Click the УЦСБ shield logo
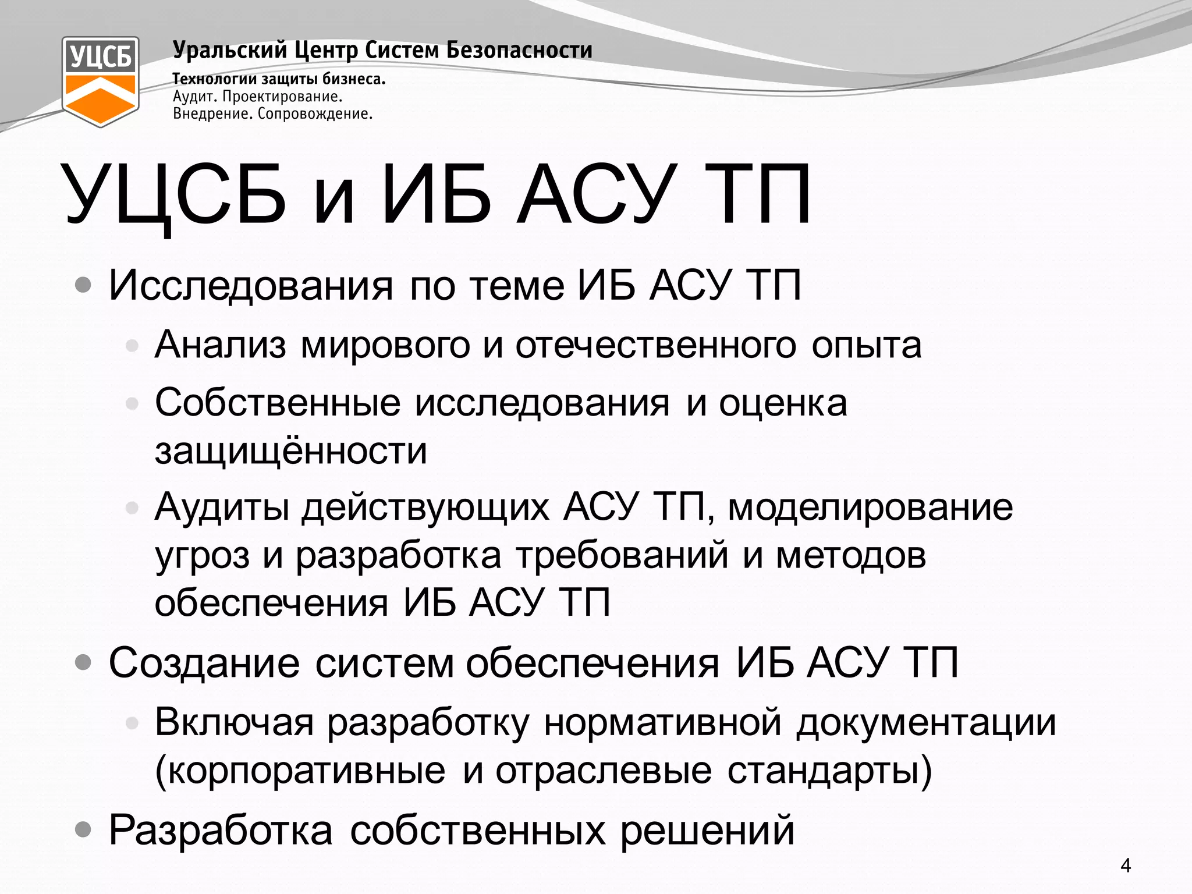[x=100, y=81]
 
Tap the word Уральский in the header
[x=230, y=51]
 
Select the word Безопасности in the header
[x=519, y=51]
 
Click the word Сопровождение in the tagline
[x=315, y=113]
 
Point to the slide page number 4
[x=1126, y=865]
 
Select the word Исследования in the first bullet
[x=251, y=286]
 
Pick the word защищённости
[x=291, y=451]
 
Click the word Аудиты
[x=222, y=507]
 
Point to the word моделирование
[x=870, y=507]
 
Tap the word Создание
[x=204, y=663]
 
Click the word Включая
[x=234, y=722]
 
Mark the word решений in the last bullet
[x=707, y=831]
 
